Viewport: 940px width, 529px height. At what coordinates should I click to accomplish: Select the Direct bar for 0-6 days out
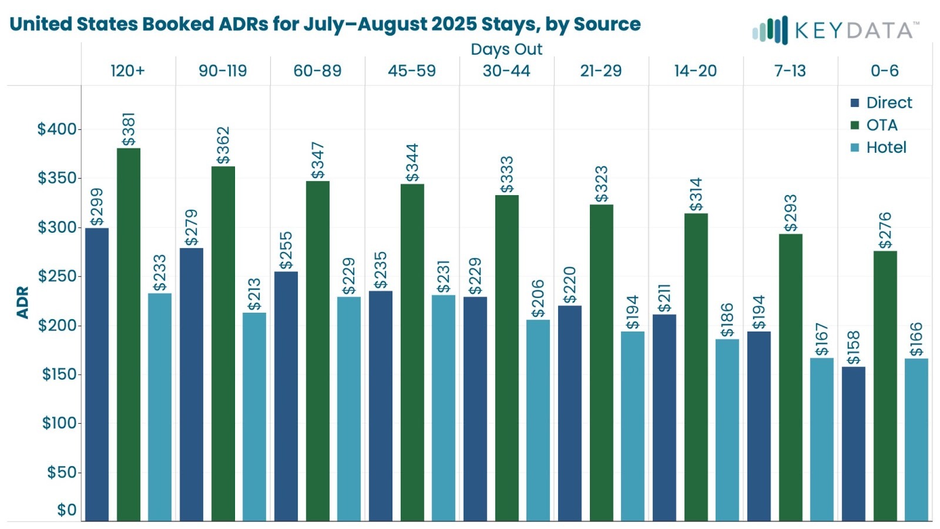(853, 443)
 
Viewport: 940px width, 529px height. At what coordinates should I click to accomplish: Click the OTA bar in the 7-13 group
(790, 377)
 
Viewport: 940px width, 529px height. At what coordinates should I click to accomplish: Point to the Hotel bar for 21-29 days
(632, 426)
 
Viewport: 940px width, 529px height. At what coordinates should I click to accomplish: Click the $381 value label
(129, 129)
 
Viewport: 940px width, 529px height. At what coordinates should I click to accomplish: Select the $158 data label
(853, 348)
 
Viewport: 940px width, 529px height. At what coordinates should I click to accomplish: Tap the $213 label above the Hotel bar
(254, 294)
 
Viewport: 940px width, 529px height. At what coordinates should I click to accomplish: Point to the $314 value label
(696, 195)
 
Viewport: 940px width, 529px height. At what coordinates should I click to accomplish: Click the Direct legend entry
(881, 103)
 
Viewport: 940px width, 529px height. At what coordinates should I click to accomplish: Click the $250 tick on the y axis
(58, 276)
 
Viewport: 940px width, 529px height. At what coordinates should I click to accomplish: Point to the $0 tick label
(66, 510)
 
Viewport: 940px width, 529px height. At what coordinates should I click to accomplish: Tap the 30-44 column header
(506, 71)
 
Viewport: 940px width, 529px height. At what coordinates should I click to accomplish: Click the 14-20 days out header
(696, 71)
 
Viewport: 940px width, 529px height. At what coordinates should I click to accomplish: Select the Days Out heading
(506, 49)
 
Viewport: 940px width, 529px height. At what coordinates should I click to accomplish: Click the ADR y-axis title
(23, 302)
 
